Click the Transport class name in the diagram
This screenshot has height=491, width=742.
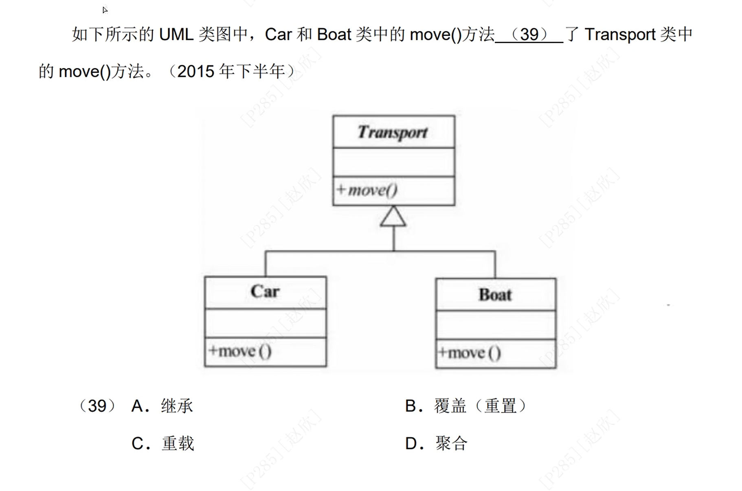[393, 132]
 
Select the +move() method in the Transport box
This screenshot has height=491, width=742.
[367, 190]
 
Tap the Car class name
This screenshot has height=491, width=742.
[265, 292]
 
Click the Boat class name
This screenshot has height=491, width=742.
[495, 295]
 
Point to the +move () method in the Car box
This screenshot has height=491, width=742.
[240, 351]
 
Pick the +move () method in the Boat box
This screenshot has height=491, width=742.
[470, 353]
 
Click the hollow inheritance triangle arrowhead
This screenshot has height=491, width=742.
[393, 217]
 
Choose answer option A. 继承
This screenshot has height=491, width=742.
[162, 406]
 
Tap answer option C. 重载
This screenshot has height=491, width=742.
[163, 443]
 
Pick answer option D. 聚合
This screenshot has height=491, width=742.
[437, 443]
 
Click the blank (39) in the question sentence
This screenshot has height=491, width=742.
[529, 35]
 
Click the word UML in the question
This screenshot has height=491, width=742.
[176, 35]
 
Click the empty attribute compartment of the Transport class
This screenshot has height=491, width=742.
[394, 162]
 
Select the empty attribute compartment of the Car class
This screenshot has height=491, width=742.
[266, 323]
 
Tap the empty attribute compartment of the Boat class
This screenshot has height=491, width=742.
[496, 325]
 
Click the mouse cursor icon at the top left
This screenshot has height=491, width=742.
[105, 10]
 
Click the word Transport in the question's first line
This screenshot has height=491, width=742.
[620, 35]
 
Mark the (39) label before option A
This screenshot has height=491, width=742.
[97, 406]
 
